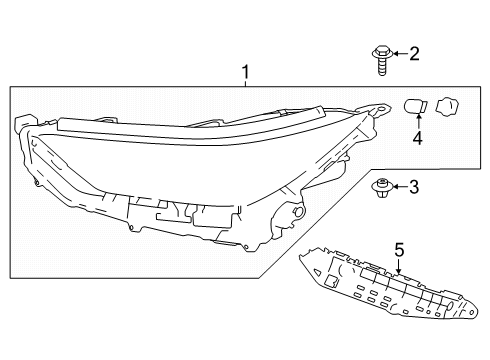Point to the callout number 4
click(x=418, y=140)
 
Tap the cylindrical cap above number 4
click(x=415, y=105)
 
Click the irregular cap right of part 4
click(x=449, y=105)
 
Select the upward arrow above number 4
click(x=418, y=122)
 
